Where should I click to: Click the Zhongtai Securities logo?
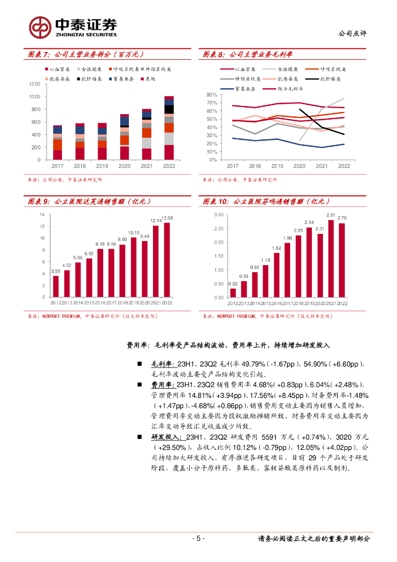click(x=73, y=26)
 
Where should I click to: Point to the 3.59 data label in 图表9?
click(x=55, y=271)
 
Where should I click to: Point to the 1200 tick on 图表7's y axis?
click(x=35, y=84)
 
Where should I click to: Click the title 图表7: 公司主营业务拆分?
click(x=86, y=54)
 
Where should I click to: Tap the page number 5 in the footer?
click(x=198, y=538)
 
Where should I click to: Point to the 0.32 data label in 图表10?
click(x=232, y=283)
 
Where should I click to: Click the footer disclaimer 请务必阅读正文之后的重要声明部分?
click(x=314, y=538)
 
